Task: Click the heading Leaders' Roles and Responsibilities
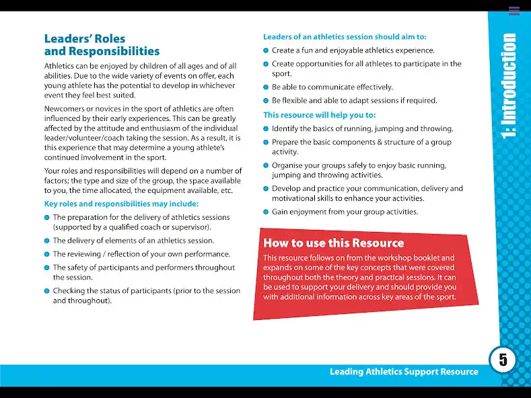(102, 45)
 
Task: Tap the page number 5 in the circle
(503, 359)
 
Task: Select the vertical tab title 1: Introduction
(509, 86)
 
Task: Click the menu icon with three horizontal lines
(514, 11)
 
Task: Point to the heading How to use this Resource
(333, 243)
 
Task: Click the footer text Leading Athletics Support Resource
(404, 372)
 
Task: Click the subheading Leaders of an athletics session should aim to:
(345, 37)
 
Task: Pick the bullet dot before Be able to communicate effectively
(267, 87)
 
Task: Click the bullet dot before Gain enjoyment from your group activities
(267, 212)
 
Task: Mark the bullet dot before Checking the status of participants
(47, 291)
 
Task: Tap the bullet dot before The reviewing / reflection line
(47, 255)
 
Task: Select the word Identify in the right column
(285, 128)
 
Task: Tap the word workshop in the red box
(403, 257)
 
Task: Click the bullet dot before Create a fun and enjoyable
(267, 50)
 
